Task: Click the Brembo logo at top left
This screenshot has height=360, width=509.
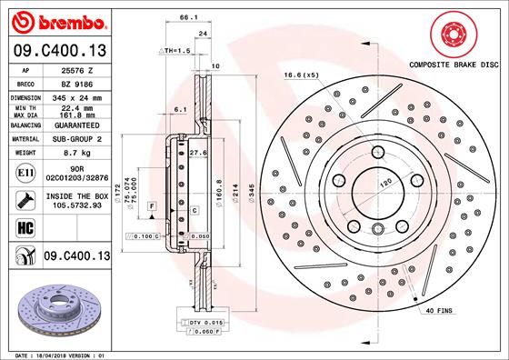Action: [x=56, y=19]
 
